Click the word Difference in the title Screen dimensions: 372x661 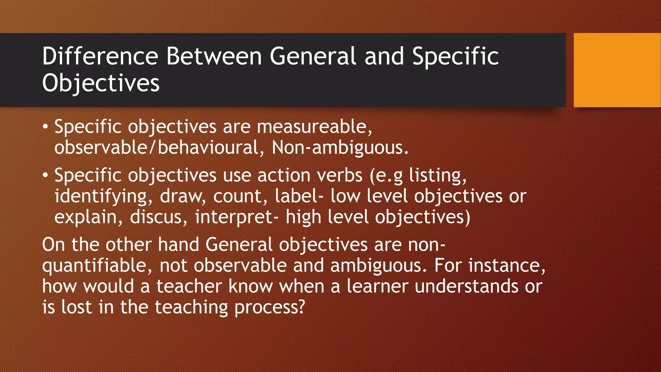click(x=100, y=56)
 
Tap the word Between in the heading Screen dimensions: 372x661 click(x=214, y=56)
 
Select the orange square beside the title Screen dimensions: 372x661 click(x=617, y=70)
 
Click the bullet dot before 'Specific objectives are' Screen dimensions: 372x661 click(x=46, y=127)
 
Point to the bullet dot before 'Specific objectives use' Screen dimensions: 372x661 click(x=46, y=175)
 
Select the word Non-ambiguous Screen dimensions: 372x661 click(x=340, y=148)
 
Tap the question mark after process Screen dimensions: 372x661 click(x=301, y=307)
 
